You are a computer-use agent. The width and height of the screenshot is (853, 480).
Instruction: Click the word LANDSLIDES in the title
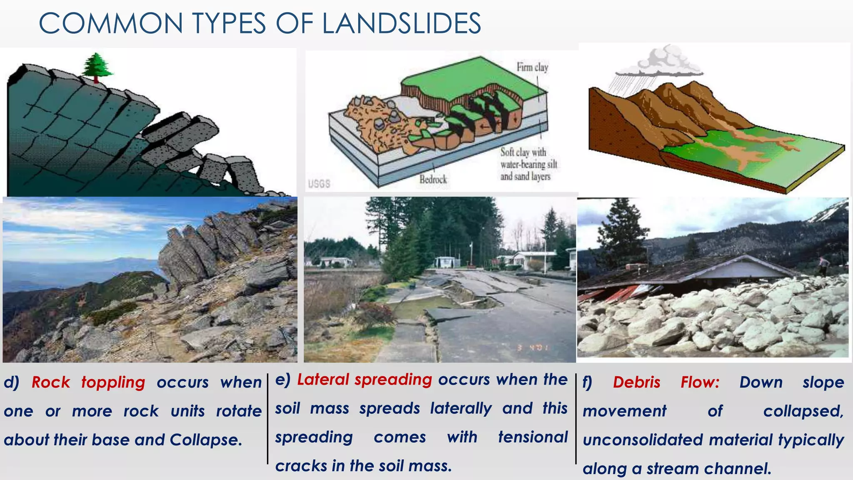pyautogui.click(x=402, y=23)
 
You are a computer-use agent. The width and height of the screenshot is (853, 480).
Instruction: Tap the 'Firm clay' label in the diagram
pyautogui.click(x=532, y=67)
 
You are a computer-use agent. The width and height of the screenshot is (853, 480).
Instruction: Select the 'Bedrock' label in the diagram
pyautogui.click(x=433, y=180)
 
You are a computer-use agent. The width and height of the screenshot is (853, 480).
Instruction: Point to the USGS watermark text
pyautogui.click(x=319, y=184)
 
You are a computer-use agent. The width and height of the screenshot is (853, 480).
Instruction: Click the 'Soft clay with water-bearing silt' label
pyautogui.click(x=528, y=158)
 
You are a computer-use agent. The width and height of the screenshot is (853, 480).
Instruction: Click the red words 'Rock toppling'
pyautogui.click(x=88, y=382)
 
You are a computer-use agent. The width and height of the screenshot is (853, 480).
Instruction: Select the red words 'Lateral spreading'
pyautogui.click(x=364, y=380)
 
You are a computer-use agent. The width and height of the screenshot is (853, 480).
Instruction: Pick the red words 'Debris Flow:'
pyautogui.click(x=666, y=382)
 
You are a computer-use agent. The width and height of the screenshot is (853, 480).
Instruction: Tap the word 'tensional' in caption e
pyautogui.click(x=533, y=437)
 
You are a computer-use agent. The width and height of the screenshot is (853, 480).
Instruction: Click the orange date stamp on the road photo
pyautogui.click(x=533, y=347)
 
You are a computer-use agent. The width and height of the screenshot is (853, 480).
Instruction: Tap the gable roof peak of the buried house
pyautogui.click(x=739, y=259)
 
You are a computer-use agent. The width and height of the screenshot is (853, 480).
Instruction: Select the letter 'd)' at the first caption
pyautogui.click(x=11, y=382)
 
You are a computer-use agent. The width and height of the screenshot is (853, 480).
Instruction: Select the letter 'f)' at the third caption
pyautogui.click(x=587, y=382)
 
